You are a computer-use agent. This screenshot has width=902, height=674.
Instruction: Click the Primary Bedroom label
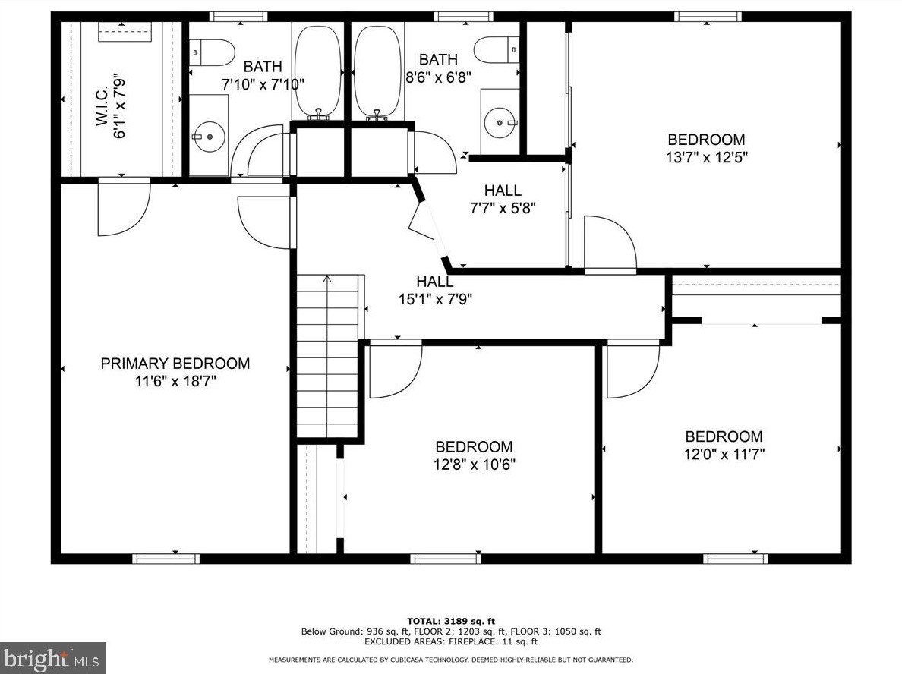click(175, 364)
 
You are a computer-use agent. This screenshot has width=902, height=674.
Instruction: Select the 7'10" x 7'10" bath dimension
click(263, 84)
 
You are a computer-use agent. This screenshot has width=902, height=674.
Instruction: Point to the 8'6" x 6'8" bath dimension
click(438, 77)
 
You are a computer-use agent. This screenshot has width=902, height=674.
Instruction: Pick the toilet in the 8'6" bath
click(497, 49)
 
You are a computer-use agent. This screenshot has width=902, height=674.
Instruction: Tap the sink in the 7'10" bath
click(209, 137)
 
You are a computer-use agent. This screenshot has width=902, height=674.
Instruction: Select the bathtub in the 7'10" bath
click(317, 71)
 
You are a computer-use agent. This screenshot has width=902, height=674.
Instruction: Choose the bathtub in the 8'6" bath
click(377, 71)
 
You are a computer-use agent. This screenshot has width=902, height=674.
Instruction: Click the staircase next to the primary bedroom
click(327, 357)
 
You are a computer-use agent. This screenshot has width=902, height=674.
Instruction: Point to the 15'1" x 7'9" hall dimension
click(436, 299)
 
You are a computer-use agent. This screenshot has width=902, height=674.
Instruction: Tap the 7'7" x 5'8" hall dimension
click(503, 208)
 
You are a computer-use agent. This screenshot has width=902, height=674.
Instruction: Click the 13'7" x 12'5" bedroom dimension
click(706, 157)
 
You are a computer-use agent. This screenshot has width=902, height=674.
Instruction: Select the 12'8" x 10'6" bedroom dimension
click(474, 464)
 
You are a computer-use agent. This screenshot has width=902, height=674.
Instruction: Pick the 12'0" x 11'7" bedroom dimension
click(724, 455)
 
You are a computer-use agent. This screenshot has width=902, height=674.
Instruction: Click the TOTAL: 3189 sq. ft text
click(451, 621)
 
